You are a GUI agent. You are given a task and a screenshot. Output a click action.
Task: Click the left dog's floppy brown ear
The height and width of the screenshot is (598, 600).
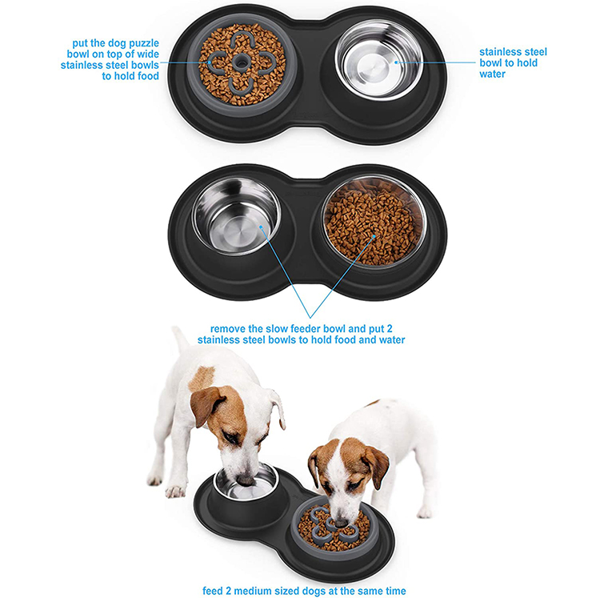point(204,405)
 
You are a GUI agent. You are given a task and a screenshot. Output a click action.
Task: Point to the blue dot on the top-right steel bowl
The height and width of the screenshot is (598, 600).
point(395,60)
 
